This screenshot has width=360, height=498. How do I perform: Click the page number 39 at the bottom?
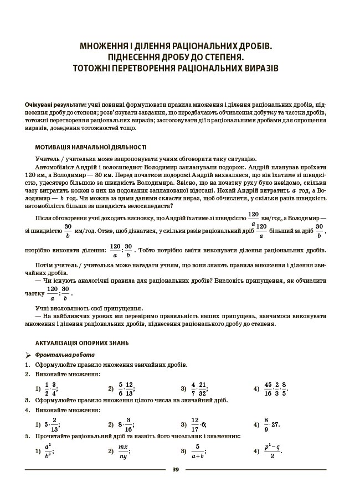click(x=176, y=470)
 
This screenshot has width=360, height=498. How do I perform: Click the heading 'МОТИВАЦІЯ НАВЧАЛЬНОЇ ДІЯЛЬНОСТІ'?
click(x=91, y=148)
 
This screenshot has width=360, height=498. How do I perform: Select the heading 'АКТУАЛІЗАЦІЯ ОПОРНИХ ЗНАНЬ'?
click(x=84, y=343)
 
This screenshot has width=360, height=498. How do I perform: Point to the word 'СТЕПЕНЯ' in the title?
click(x=219, y=57)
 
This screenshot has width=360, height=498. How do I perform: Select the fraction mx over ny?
click(x=123, y=450)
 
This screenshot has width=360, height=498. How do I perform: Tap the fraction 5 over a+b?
click(x=196, y=450)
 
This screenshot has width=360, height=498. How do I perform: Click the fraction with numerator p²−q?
click(x=271, y=450)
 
